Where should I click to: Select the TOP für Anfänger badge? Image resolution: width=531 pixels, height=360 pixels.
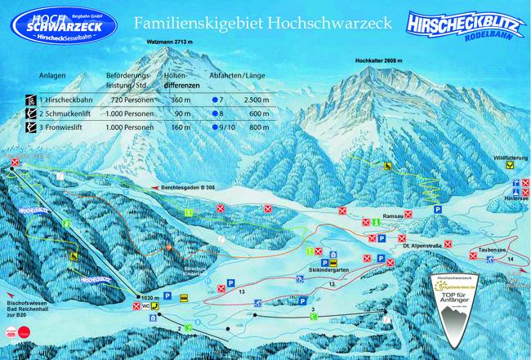point(466,309)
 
